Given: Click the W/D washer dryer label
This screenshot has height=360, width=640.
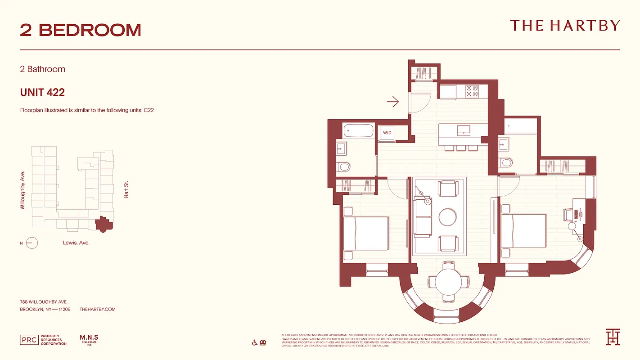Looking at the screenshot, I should tap(387, 133).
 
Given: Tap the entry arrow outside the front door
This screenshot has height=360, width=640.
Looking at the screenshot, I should tap(393, 102).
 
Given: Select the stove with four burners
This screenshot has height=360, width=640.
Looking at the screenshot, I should tap(472, 91).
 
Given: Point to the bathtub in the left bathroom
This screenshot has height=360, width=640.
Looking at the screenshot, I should tap(359, 131).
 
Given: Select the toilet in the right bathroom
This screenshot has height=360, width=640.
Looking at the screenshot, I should tap(506, 162).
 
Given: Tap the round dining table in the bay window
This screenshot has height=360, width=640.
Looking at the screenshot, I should tap(448, 282).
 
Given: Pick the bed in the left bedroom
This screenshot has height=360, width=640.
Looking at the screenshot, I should tap(365, 234).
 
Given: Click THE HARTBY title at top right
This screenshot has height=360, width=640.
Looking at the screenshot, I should tap(564, 26).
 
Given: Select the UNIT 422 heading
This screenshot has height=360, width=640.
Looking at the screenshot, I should tap(42, 92).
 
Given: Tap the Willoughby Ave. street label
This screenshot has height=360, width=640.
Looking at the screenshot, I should tap(23, 189).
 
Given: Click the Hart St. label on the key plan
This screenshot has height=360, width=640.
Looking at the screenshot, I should tap(126, 190).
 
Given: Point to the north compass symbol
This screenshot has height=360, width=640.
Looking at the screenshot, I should tap(32, 243).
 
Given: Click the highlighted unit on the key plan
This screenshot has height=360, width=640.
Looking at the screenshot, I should tap(104, 224).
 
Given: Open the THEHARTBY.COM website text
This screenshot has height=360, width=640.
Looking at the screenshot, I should tap(97, 309).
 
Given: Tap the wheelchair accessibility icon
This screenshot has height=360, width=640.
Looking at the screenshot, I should tap(255, 343).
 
